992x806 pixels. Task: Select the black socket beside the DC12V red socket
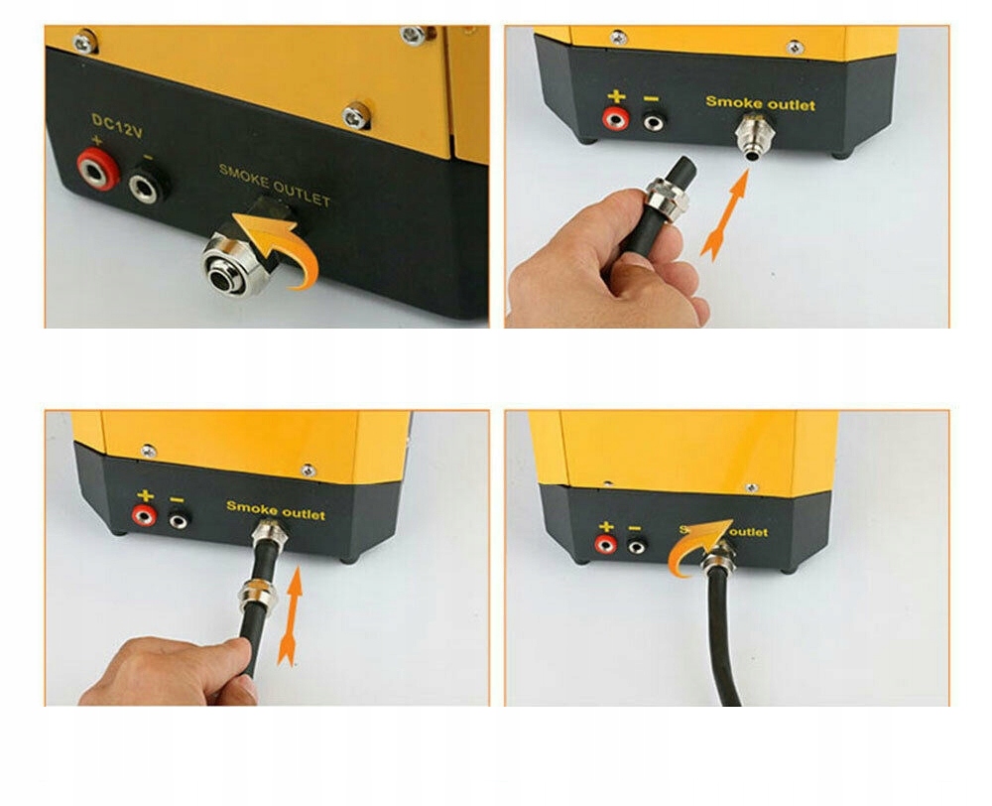[x=146, y=182]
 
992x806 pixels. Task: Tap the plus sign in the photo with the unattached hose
[x=617, y=97]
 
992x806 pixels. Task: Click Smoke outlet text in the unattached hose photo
[x=760, y=103]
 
